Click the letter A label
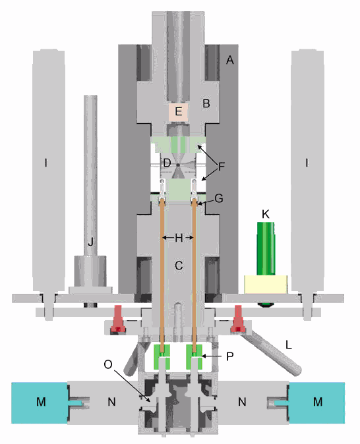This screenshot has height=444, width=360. click(230, 60)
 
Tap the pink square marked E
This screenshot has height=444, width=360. click(178, 111)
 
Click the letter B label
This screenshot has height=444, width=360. click(206, 103)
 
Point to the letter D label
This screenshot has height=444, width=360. click(167, 163)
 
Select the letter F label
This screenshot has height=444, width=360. click(221, 167)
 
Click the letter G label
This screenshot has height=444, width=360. click(219, 198)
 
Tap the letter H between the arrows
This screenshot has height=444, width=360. click(179, 238)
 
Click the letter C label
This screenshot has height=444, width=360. click(179, 265)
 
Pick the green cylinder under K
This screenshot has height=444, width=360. click(266, 248)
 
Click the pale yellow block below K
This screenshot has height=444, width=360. click(266, 284)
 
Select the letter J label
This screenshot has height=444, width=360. click(90, 242)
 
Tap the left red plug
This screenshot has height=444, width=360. click(118, 318)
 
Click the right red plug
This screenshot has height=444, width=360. click(237, 318)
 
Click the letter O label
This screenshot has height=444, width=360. click(108, 365)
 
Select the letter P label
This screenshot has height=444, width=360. click(229, 356)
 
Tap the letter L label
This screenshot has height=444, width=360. click(289, 345)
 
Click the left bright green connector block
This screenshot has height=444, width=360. click(162, 357)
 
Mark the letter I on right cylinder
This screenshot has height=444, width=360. click(307, 163)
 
